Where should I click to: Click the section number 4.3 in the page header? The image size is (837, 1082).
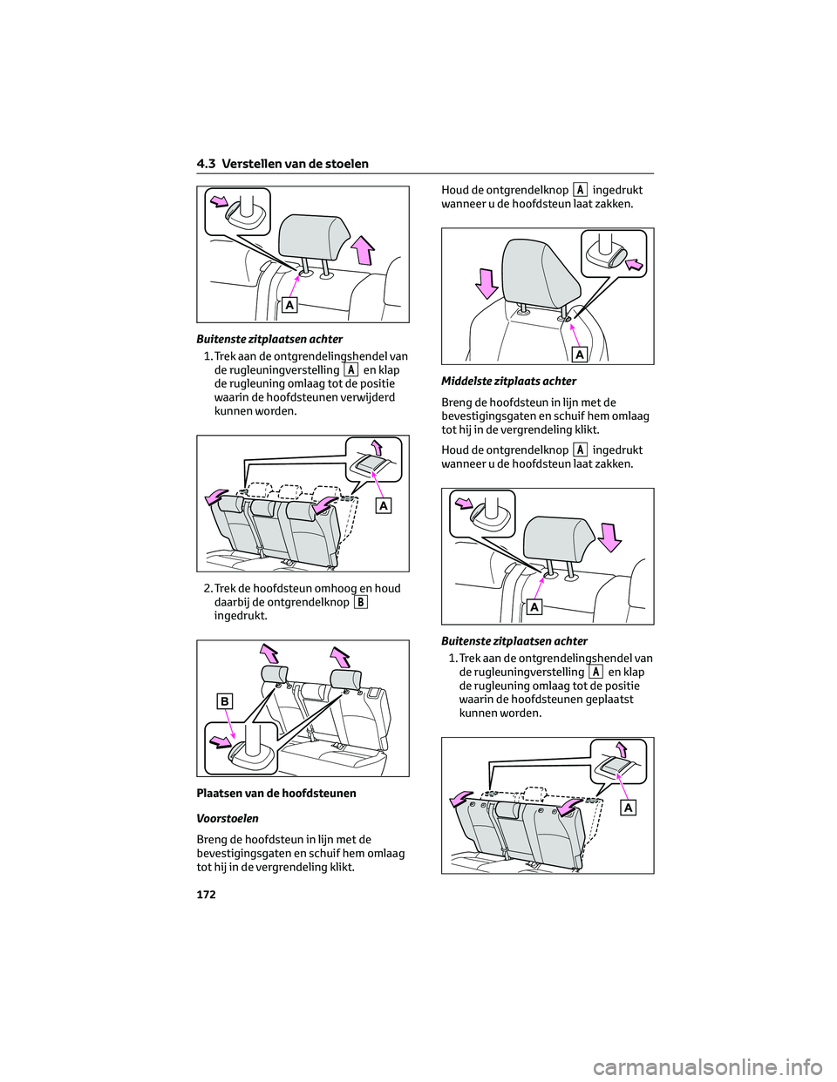tap(207, 164)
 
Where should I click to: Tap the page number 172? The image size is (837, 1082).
tap(207, 895)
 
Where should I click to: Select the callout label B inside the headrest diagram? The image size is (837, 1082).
tap(224, 701)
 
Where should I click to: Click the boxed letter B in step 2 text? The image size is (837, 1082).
tap(361, 602)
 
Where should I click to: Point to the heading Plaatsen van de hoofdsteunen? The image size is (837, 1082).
tap(276, 794)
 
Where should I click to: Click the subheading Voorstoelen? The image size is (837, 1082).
tap(228, 819)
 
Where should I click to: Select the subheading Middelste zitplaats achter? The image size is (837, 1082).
tap(508, 382)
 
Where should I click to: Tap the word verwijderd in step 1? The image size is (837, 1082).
tap(365, 397)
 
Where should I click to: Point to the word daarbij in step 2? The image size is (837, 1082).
tap(233, 602)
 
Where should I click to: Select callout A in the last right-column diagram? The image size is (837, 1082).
tap(628, 808)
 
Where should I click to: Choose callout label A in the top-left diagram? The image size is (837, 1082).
tap(289, 305)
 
